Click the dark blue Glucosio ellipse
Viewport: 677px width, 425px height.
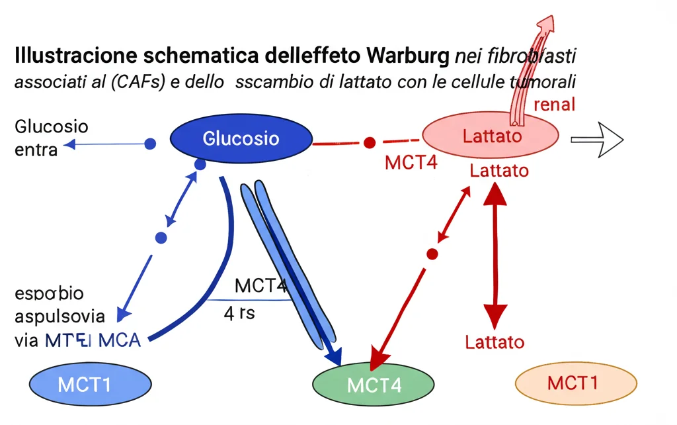(241, 139)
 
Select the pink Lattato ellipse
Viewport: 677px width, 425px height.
(491, 137)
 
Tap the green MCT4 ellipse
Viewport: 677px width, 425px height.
(374, 383)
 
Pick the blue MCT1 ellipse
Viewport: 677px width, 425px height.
(83, 383)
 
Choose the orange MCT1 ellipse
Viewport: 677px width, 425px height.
(575, 383)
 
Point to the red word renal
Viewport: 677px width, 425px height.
(553, 104)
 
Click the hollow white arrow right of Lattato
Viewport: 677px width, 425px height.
(597, 139)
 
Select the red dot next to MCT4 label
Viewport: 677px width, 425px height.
(370, 142)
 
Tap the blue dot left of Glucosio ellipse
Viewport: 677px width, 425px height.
(150, 143)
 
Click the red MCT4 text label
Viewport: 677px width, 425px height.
(411, 163)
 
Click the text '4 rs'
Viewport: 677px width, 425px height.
(239, 312)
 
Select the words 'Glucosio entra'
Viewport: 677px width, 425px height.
(51, 138)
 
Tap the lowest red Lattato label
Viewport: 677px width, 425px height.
(495, 342)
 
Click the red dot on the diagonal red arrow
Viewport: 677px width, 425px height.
(432, 254)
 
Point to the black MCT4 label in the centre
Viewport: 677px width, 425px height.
(260, 286)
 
